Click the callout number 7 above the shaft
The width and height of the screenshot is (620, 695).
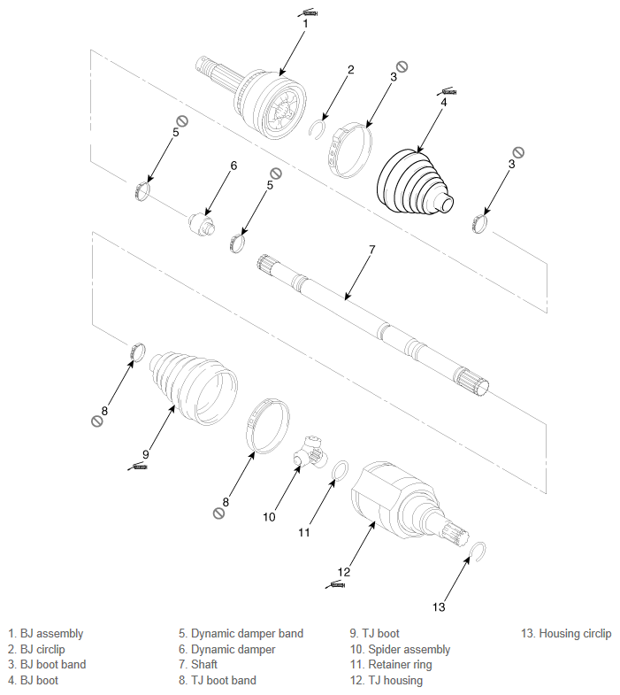372,250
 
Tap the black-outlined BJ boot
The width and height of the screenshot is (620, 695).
415,182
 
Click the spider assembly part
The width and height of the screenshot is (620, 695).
310,453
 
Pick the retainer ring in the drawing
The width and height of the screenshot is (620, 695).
334,470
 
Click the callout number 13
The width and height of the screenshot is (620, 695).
439,607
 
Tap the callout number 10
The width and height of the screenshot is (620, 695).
269,517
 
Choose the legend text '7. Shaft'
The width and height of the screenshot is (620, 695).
198,664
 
